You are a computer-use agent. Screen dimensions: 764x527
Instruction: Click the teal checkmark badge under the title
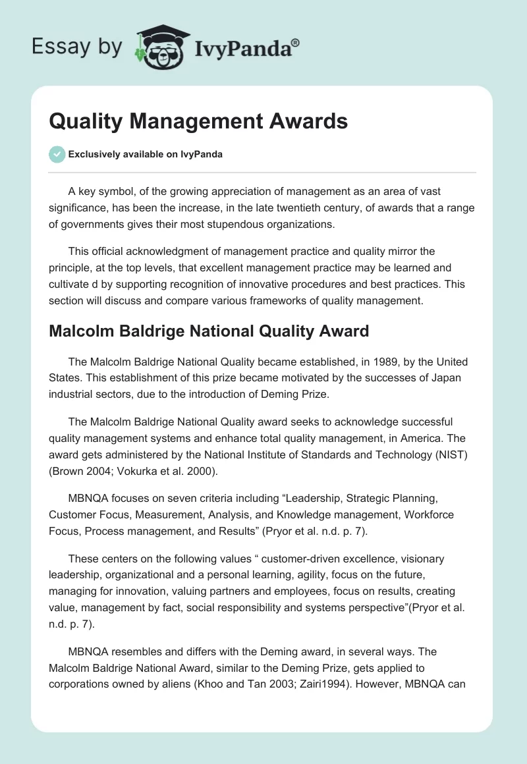click(57, 154)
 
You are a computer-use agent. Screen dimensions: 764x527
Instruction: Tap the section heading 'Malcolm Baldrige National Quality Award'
click(209, 331)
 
